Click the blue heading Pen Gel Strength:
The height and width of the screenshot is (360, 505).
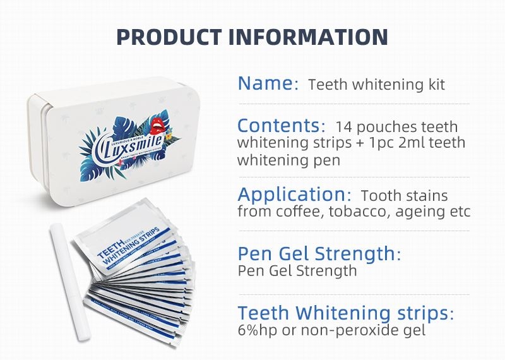(x=319, y=254)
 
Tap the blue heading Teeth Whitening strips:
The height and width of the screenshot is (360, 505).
(x=345, y=313)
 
